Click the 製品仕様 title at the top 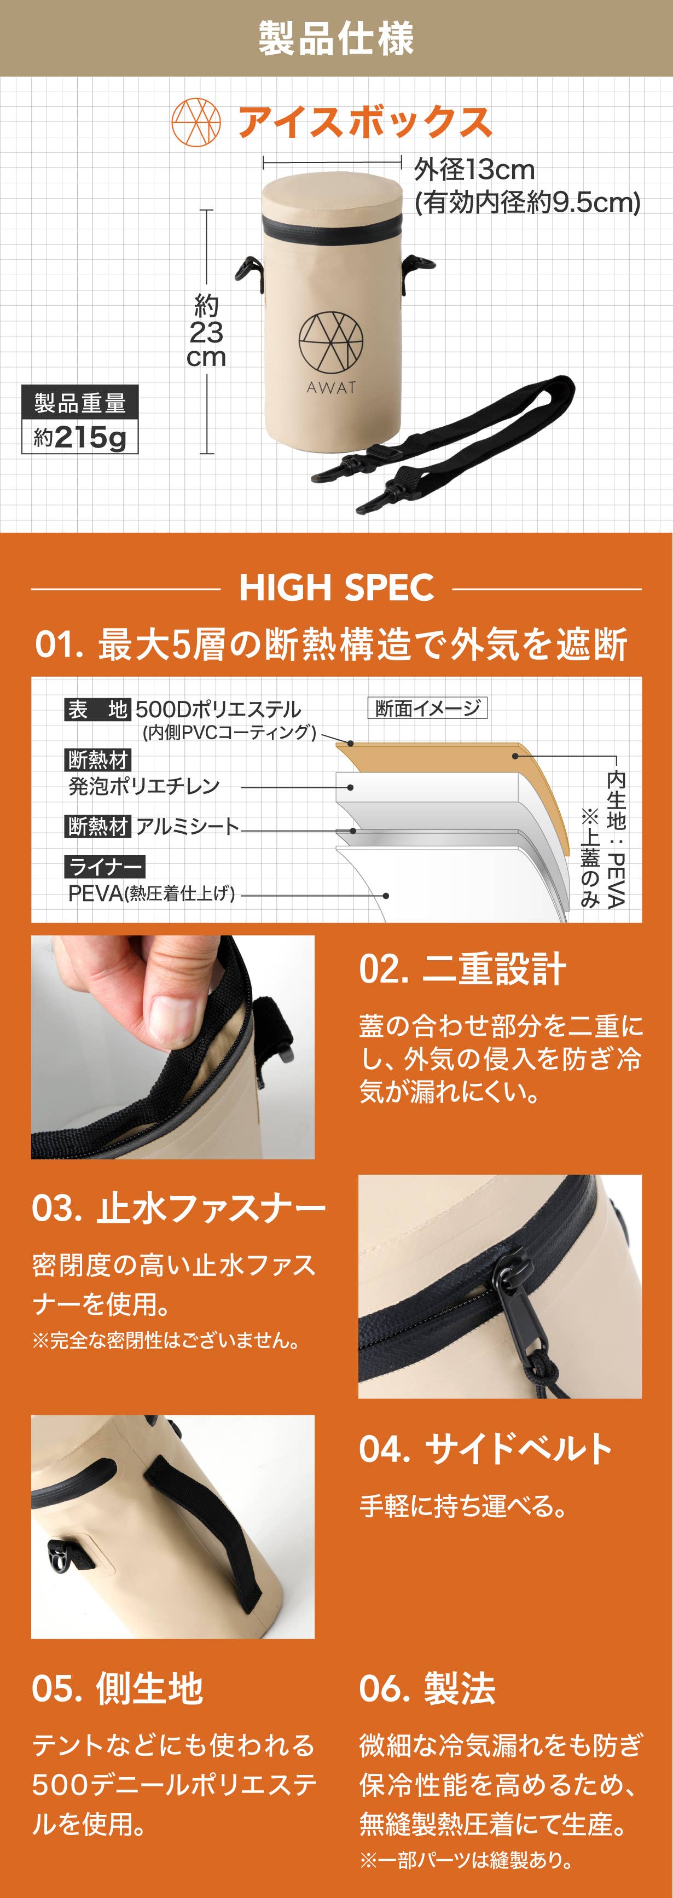pyautogui.click(x=336, y=38)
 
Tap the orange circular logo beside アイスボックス pyautogui.click(x=196, y=123)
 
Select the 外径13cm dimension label pyautogui.click(x=474, y=170)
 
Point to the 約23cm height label pyautogui.click(x=206, y=332)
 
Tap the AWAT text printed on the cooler pyautogui.click(x=332, y=387)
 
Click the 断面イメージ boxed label pyautogui.click(x=427, y=708)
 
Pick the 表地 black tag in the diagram pyautogui.click(x=98, y=710)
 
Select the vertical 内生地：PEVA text pyautogui.click(x=616, y=839)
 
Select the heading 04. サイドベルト pyautogui.click(x=486, y=1449)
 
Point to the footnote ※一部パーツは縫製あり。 pyautogui.click(x=467, y=1860)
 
